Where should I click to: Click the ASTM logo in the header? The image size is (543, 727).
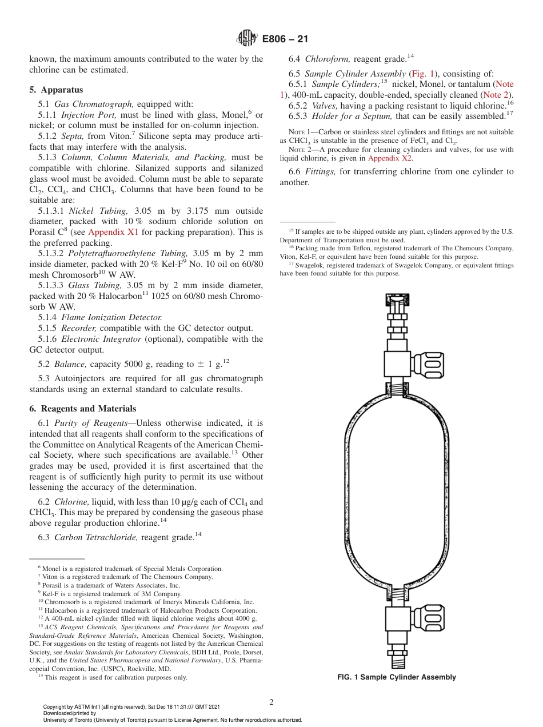pyautogui.click(x=247, y=39)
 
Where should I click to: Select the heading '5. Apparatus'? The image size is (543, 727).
pyautogui.click(x=56, y=90)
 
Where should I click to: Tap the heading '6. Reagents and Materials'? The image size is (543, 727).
pyautogui.click(x=82, y=409)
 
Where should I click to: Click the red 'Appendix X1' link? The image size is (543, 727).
pyautogui.click(x=111, y=232)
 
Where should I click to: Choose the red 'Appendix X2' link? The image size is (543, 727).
pyautogui.click(x=390, y=158)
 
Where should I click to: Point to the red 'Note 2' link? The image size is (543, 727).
pyautogui.click(x=496, y=95)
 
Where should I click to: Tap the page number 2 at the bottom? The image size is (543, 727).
pyautogui.click(x=271, y=702)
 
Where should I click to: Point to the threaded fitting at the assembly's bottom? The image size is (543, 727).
pyautogui.click(x=397, y=663)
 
